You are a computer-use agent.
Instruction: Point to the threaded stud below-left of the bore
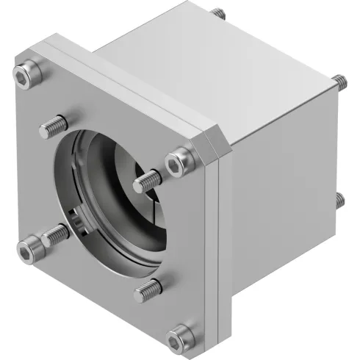click(56, 235)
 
